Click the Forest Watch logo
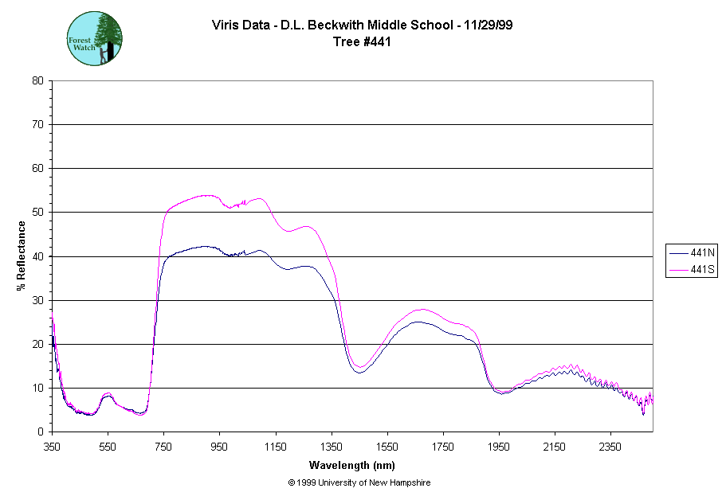(94, 37)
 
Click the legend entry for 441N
(691, 253)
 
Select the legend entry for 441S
(691, 270)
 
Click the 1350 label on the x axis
(332, 446)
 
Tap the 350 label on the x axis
(52, 446)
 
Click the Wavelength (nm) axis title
(352, 465)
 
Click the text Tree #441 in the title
(362, 42)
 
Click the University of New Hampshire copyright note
(359, 482)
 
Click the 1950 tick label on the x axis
(499, 446)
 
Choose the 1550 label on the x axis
(387, 446)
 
